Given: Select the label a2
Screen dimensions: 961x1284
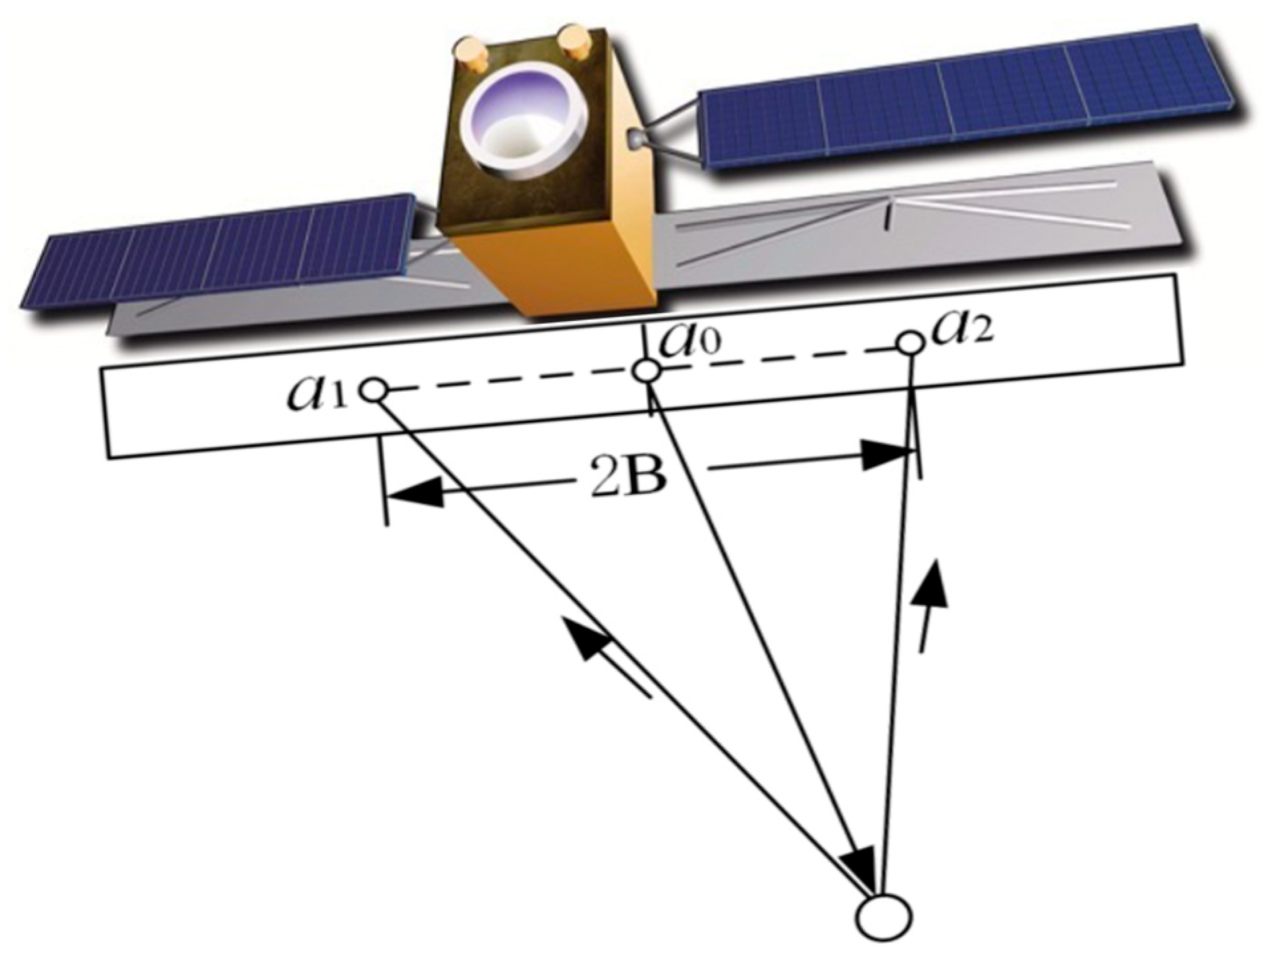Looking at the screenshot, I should click(962, 329).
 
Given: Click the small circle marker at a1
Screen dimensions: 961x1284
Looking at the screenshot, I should click(376, 390).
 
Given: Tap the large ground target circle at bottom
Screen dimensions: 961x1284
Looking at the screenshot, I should click(883, 917).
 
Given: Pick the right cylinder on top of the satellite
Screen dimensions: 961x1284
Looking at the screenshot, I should click(574, 41).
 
